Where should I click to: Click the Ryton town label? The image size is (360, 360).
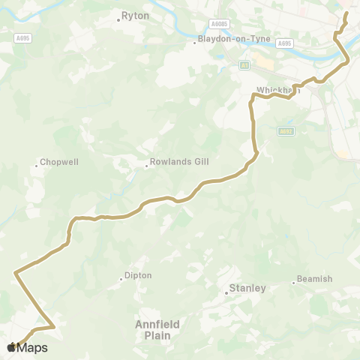[x=136, y=15]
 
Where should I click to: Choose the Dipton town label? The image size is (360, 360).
[x=139, y=275]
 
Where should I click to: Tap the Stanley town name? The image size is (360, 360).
[x=247, y=288]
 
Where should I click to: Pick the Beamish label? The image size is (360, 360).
[x=314, y=279]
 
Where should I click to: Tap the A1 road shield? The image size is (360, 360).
[x=244, y=66]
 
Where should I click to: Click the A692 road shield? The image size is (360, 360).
[x=285, y=131]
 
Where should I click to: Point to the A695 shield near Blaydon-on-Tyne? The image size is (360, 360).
[x=283, y=43]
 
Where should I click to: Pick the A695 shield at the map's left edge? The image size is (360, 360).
[x=22, y=37]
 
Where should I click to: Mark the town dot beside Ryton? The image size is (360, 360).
[x=118, y=19]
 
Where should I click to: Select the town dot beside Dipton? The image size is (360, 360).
[x=121, y=280]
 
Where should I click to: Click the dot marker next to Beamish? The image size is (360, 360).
[x=293, y=283]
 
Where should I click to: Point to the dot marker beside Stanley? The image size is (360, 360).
[x=226, y=292]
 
